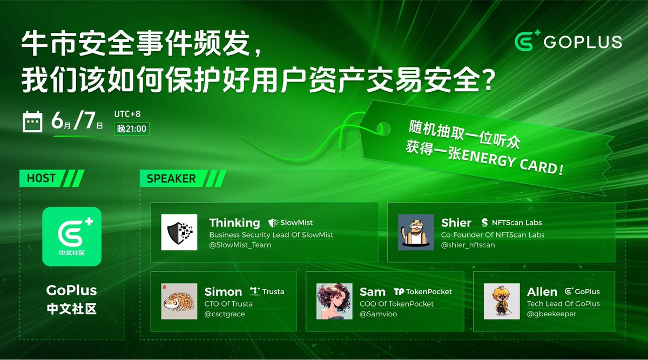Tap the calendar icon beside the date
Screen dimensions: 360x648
tap(33, 122)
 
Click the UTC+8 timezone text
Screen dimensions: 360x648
tap(127, 114)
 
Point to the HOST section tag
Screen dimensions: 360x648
tap(41, 178)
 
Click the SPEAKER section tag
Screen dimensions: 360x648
tap(171, 179)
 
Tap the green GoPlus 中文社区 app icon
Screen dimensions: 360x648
tap(72, 236)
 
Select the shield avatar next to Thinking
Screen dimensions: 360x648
tap(179, 232)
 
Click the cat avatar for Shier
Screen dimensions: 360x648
tap(416, 232)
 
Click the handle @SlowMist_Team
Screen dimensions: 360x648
tap(240, 245)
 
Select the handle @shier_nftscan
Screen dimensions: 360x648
tap(468, 245)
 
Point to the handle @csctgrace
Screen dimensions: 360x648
tap(225, 314)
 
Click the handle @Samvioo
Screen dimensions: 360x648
tap(378, 314)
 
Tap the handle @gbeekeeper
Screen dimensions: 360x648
tap(551, 314)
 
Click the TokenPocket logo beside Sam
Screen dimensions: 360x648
tap(423, 291)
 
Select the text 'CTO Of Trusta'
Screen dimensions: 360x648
tap(228, 304)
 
